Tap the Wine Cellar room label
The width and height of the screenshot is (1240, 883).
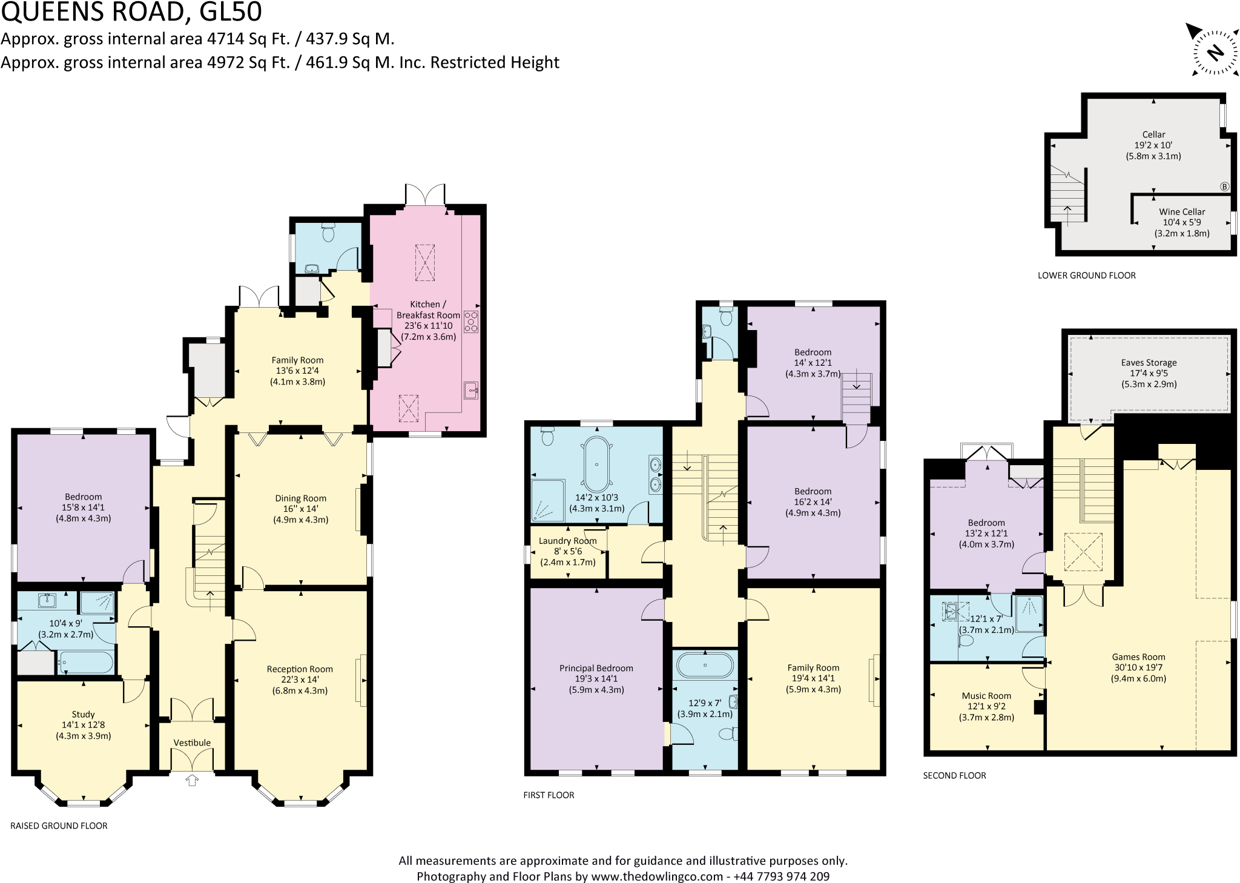tap(1182, 212)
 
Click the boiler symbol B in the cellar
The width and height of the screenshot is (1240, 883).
tap(1224, 187)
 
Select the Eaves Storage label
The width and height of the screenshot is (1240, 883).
tap(1149, 363)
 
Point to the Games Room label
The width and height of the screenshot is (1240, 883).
tap(1138, 657)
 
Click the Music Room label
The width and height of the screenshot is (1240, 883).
tap(986, 696)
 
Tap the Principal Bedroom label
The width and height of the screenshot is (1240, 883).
tap(596, 668)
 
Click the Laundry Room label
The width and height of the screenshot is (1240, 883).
tap(567, 541)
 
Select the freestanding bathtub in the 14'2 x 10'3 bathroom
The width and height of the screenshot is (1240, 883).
tap(597, 464)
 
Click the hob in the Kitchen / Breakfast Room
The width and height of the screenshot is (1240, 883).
tap(471, 322)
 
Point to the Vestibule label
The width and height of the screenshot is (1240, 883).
tap(192, 742)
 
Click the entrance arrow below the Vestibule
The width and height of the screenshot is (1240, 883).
tap(192, 781)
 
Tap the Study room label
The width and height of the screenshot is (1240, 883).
tap(83, 715)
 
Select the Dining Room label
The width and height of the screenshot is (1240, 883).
tap(300, 498)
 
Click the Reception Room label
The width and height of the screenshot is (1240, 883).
tap(300, 669)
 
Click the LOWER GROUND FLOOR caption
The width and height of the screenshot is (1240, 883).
tap(1086, 276)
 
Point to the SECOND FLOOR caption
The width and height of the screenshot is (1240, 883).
tap(954, 775)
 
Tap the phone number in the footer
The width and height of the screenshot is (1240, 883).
tap(781, 876)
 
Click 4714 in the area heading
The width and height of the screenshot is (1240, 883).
tap(226, 39)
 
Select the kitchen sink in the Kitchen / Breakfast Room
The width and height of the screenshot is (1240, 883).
tap(472, 391)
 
